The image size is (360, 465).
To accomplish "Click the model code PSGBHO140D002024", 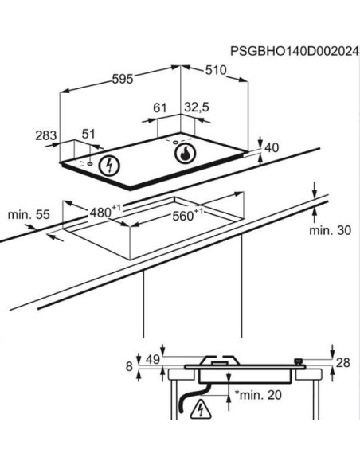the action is point(295,51).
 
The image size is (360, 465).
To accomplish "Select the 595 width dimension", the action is point(123,79).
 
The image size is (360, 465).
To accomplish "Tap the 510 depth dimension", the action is point(216,70).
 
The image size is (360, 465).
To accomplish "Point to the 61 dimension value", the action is point(160,108).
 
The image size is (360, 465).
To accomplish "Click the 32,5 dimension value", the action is point(197,107).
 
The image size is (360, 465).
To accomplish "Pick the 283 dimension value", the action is point(46,135).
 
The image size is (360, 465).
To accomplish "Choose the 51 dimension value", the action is point(88,134).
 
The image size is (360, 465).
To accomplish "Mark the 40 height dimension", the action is point(272,147).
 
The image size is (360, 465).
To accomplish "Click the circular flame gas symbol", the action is point(186,154).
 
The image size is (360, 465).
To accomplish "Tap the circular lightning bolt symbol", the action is point(109,165).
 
